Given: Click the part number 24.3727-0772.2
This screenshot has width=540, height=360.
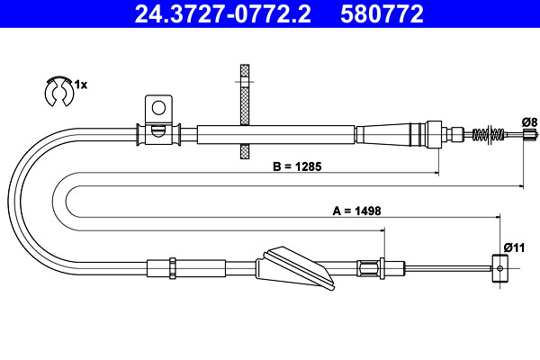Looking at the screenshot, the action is (x=222, y=13).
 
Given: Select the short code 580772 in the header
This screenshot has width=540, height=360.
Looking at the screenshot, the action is (x=382, y=13).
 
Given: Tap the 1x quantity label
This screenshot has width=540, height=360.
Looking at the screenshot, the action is (x=81, y=85).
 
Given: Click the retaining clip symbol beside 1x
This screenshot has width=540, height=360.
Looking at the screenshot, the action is (x=58, y=91).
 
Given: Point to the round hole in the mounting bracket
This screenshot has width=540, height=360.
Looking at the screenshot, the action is (x=158, y=108).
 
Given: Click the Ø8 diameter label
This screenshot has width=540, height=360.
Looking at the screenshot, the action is (x=529, y=122).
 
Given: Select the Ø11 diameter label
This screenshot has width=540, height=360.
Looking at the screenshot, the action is (x=514, y=247).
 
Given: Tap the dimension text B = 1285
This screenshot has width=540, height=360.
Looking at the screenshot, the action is (x=297, y=166).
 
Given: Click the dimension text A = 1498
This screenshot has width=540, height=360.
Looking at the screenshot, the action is (x=356, y=211).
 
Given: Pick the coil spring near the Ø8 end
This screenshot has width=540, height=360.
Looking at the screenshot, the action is (x=489, y=134).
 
